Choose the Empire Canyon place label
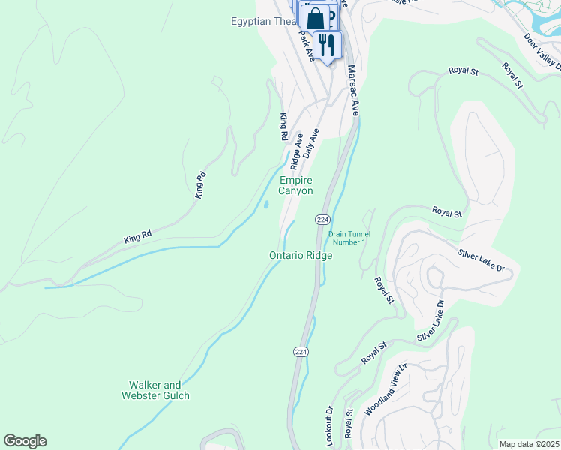(296, 185)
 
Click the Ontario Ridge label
(301, 255)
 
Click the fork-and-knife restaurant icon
(326, 45)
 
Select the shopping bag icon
(316, 18)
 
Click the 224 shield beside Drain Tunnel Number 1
(322, 219)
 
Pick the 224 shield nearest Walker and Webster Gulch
(300, 352)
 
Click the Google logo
(25, 441)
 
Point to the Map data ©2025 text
(529, 444)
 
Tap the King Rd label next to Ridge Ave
(283, 127)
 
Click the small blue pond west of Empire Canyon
(265, 204)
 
